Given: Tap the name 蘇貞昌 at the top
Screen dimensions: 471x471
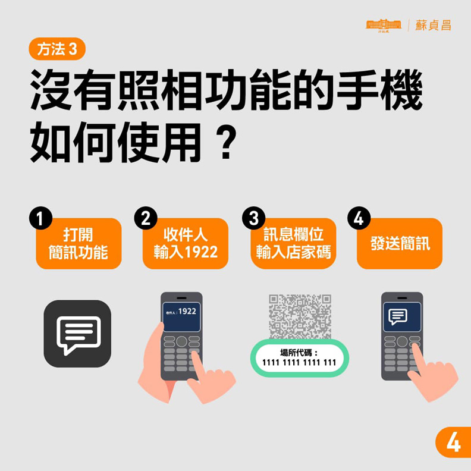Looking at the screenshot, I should pos(433,25).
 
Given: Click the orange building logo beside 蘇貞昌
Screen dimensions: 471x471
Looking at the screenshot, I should pos(384,25).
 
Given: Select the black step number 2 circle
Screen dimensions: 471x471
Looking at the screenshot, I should pos(145,218).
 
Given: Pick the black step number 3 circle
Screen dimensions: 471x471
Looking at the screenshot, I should pos(253,218).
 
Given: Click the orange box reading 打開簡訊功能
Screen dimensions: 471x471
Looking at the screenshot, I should pos(78,244).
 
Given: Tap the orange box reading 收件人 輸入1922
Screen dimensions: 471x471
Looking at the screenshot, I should pos(186,244).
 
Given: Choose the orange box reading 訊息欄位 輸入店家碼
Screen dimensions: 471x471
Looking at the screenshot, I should pos(293,244).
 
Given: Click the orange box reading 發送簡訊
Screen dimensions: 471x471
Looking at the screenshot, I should pos(400,244).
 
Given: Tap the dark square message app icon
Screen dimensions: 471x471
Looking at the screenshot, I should pos(77,334).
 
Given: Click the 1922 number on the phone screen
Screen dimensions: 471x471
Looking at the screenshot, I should pos(187,311).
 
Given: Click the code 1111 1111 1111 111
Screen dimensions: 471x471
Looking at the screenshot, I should pos(299,362).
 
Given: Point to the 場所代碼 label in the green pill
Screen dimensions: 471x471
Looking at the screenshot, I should pos(299,351).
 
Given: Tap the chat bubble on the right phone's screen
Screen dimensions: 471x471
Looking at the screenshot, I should pos(398,316).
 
